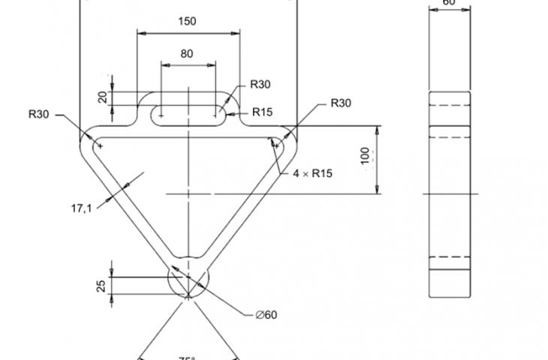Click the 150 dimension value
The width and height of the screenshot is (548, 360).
(188, 21)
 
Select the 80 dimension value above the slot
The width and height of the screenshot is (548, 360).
(188, 53)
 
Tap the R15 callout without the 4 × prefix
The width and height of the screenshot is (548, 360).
(262, 112)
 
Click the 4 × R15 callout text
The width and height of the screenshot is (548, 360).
(312, 173)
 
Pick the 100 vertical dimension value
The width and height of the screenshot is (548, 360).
(366, 156)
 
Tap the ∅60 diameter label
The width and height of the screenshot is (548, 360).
(266, 314)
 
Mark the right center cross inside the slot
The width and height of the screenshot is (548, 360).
(216, 115)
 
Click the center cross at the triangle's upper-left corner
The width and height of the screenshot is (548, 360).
(100, 145)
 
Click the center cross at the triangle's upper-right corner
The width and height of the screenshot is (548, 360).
(275, 145)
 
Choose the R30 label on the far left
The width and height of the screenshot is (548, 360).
(38, 115)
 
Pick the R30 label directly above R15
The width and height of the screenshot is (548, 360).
(260, 84)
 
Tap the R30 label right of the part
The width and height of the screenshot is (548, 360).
(341, 103)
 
